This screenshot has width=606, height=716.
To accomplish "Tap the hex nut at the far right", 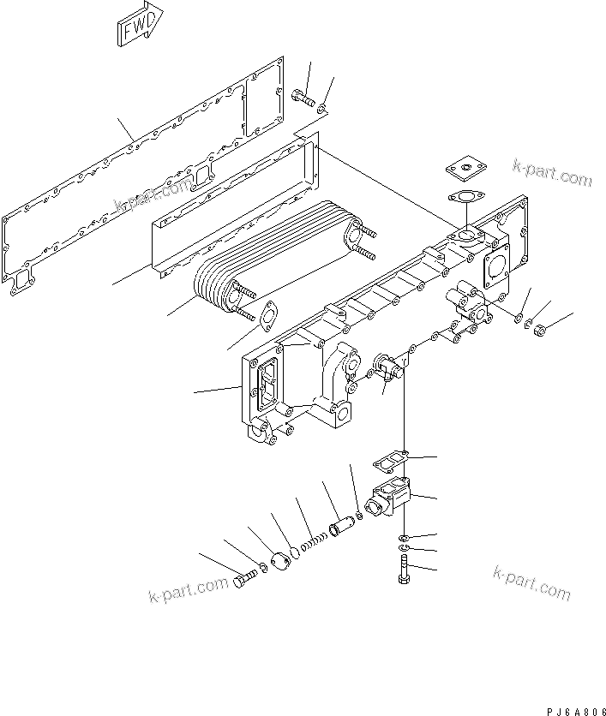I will point(540,328).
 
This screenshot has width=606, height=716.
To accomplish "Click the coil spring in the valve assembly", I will point(313,539).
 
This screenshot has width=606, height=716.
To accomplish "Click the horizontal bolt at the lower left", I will point(244,583).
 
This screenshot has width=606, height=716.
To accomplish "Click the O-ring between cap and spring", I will point(295,552).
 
